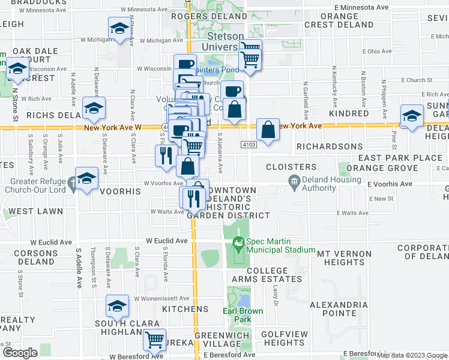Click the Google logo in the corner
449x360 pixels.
point(20,353)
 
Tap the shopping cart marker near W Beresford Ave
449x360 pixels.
point(154,340)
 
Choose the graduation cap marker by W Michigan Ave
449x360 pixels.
point(119,29)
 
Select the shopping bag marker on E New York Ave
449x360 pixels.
point(268,129)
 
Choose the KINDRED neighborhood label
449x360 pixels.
point(349,113)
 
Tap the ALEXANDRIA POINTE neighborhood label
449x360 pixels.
point(339,310)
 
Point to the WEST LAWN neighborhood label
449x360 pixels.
point(29,211)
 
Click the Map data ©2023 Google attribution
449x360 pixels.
point(412,355)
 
